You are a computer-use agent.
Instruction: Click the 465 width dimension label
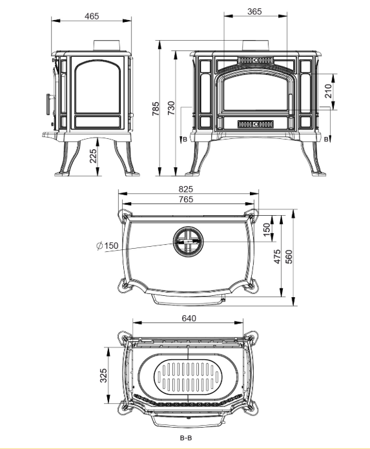[92, 16]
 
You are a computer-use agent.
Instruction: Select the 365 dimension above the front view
[254, 12]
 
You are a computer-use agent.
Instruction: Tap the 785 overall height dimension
[156, 109]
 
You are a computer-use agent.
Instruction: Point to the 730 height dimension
[171, 108]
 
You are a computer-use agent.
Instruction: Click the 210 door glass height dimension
[329, 91]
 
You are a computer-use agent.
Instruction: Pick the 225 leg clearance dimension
[94, 156]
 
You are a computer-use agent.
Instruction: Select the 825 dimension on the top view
[186, 189]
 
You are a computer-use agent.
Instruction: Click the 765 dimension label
[186, 199]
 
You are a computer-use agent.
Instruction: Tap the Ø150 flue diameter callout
[107, 245]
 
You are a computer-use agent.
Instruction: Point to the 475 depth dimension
[277, 256]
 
